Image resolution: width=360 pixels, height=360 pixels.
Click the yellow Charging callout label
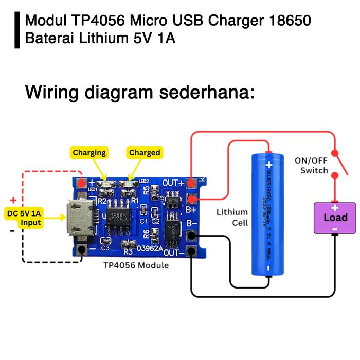point(89,153)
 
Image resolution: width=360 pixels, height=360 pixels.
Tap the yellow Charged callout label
point(145,153)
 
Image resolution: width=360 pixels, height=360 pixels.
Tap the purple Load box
point(335,218)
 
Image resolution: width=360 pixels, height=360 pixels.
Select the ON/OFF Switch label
point(311,166)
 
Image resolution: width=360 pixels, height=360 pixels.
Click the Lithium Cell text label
point(232,217)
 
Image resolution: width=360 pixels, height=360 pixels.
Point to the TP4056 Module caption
point(136,265)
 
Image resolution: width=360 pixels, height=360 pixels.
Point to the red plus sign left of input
point(13,200)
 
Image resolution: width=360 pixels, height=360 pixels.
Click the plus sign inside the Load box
point(335,208)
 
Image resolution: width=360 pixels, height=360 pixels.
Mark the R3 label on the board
point(129,251)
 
